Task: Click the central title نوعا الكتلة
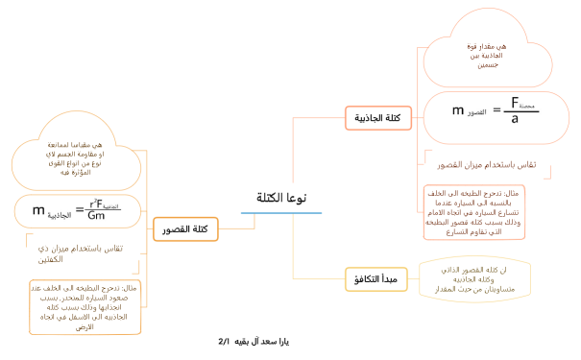[281, 198]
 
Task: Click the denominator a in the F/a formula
[516, 119]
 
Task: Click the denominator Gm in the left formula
[97, 216]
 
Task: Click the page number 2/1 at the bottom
[226, 341]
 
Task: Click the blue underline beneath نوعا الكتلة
[281, 212]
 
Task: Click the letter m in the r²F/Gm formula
[39, 210]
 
